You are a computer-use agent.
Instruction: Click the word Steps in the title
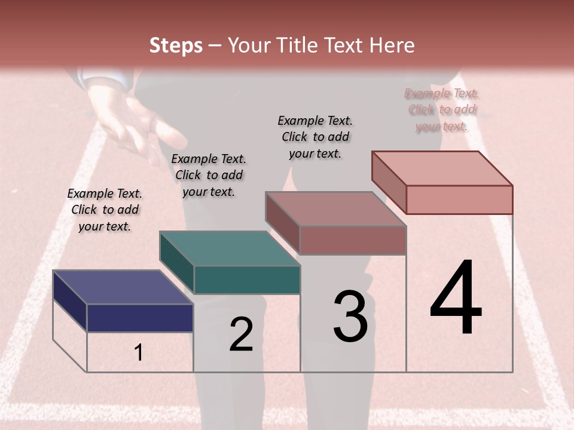pyautogui.click(x=176, y=45)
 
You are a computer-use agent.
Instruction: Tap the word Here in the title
pyautogui.click(x=392, y=45)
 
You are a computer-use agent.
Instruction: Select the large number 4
pyautogui.click(x=456, y=299)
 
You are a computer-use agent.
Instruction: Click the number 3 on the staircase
pyautogui.click(x=350, y=317)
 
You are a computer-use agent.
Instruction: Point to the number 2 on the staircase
pyautogui.click(x=241, y=334)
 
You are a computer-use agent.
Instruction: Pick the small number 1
pyautogui.click(x=139, y=353)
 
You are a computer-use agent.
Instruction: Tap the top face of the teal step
pyautogui.click(x=229, y=248)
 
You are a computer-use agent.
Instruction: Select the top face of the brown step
pyautogui.click(x=335, y=209)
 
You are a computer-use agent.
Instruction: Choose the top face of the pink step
pyautogui.click(x=442, y=168)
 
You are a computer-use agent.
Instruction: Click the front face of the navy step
pyautogui.click(x=140, y=318)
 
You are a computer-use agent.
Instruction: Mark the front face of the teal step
pyautogui.click(x=247, y=279)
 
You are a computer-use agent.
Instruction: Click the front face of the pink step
pyautogui.click(x=459, y=199)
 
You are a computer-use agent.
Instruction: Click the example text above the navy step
pyautogui.click(x=105, y=210)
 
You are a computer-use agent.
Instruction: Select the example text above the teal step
pyautogui.click(x=209, y=175)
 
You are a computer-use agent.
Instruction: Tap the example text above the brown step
pyautogui.click(x=315, y=137)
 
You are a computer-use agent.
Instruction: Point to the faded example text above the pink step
pyautogui.click(x=442, y=109)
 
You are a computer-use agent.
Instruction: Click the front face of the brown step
pyautogui.click(x=353, y=240)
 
